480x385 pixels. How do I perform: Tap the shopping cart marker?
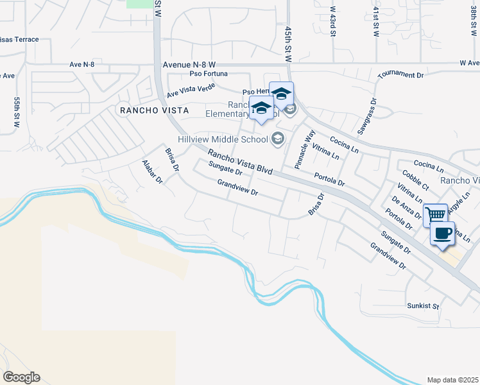[x=436, y=215]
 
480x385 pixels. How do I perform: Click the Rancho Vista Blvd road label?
[x=240, y=162]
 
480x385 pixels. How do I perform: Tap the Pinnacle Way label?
[x=304, y=150]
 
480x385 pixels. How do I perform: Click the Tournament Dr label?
[x=401, y=75]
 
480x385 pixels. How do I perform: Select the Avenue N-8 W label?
[x=189, y=65]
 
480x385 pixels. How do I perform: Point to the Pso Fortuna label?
[x=207, y=74]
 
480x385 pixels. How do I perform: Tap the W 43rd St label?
[x=333, y=21]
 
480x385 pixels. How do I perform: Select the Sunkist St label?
[x=422, y=306]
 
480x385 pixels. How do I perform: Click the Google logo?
[x=21, y=377]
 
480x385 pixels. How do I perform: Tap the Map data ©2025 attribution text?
[x=452, y=380]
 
